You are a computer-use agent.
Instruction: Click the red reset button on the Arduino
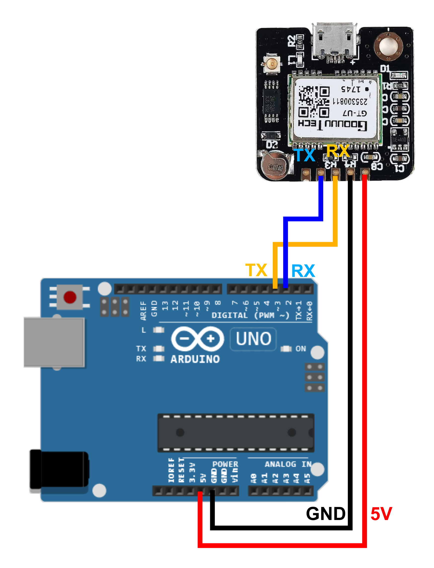[x=70, y=297]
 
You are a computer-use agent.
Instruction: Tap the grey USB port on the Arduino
[x=54, y=342]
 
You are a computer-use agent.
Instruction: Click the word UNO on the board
[x=253, y=338]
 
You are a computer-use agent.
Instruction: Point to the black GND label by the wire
[x=325, y=514]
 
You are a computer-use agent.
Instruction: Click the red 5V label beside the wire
[x=381, y=514]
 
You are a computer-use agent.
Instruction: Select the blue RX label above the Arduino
[x=303, y=271]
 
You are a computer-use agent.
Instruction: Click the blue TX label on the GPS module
[x=305, y=155]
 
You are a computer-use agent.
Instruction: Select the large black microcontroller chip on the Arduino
[x=236, y=432]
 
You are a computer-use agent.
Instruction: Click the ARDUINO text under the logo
[x=195, y=359]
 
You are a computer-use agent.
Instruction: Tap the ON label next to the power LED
[x=301, y=349]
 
